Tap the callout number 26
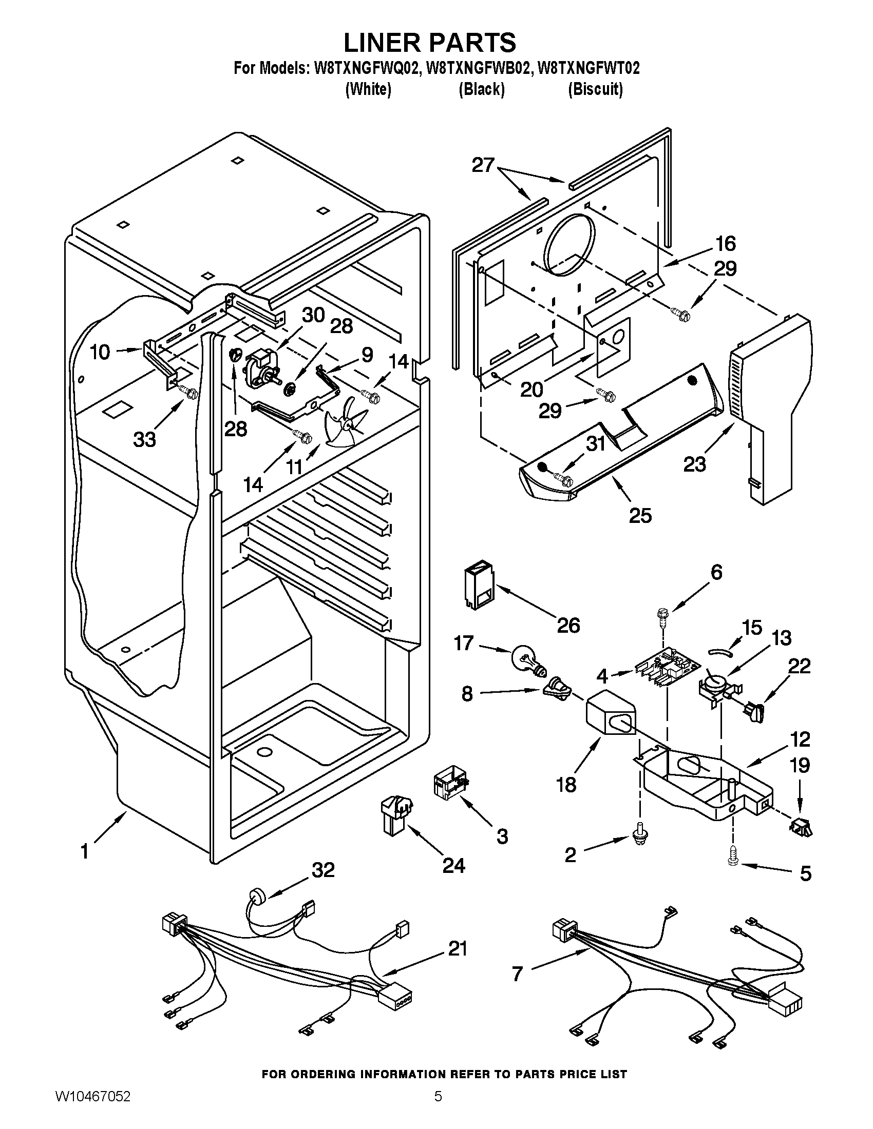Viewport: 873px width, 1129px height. tap(568, 626)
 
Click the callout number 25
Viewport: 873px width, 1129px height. tap(640, 515)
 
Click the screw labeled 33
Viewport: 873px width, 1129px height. tap(188, 392)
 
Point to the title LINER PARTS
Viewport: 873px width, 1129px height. tap(429, 43)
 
